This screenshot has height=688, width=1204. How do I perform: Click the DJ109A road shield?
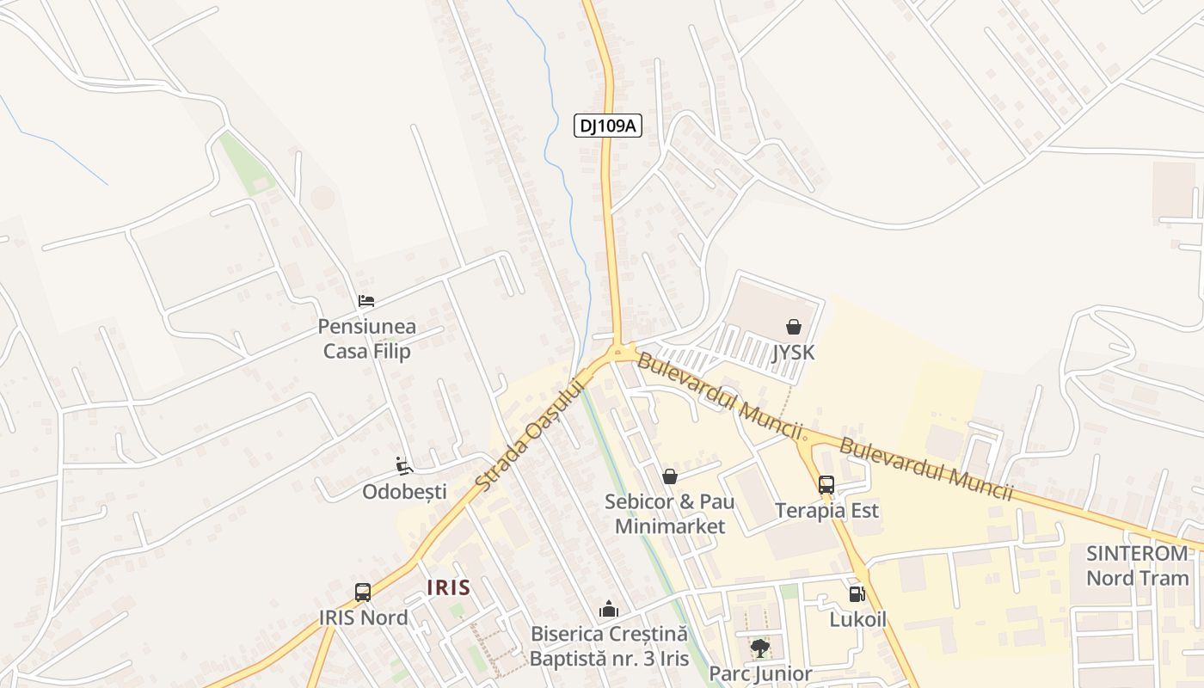coord(608,126)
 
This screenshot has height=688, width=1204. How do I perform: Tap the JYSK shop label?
coord(793,353)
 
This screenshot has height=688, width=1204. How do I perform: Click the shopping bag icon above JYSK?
coord(793,327)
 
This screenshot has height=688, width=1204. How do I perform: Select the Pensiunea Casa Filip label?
coord(366,339)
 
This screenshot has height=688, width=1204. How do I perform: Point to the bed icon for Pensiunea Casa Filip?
coord(366,301)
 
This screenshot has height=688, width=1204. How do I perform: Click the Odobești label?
coord(404,492)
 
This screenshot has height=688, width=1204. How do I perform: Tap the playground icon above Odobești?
coord(404,466)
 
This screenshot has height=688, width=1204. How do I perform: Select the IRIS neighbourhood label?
coord(449,587)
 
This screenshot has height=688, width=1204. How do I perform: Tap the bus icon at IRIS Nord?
coord(363,593)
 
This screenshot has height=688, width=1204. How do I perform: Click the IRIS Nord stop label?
coord(363,617)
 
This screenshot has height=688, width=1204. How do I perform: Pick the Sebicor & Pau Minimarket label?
coord(670,513)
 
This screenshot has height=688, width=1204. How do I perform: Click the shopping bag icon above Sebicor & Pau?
coord(670,476)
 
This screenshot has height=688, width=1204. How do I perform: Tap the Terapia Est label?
coord(826,511)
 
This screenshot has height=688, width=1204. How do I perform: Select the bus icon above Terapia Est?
coord(826,485)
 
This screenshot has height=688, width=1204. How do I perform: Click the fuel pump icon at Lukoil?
coord(857,593)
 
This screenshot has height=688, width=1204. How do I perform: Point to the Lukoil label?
coord(857,619)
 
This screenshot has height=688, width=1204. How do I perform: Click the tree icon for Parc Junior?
coord(759,648)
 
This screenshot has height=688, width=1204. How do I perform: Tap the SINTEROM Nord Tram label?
coord(1137,565)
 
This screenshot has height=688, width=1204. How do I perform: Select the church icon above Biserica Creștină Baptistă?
coord(609,610)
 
